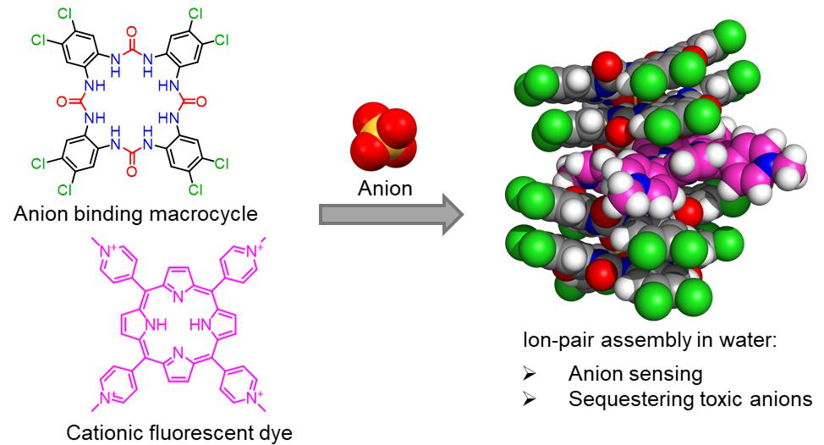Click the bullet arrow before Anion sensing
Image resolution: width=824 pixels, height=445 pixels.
[x=530, y=373]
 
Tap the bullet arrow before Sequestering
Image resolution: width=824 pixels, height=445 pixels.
[x=530, y=398]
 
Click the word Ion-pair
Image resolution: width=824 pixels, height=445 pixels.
[x=554, y=342]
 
